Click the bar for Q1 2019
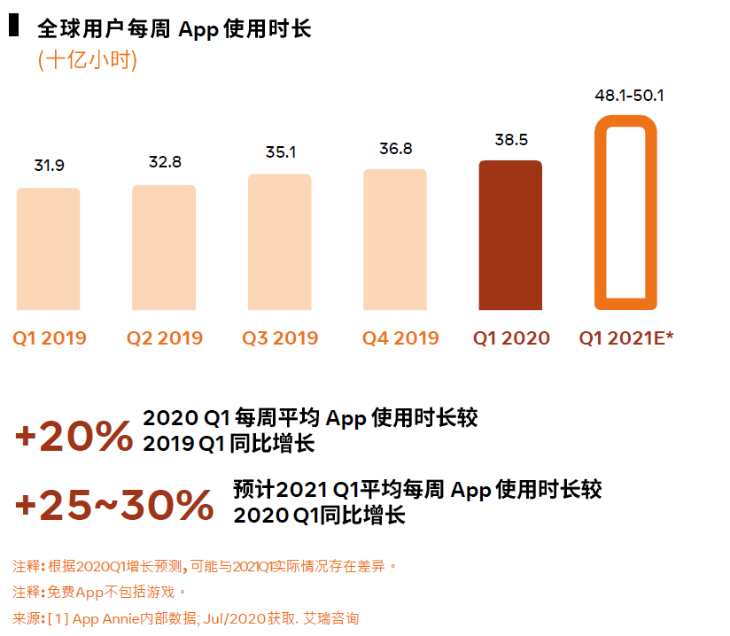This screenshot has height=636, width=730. tap(48, 249)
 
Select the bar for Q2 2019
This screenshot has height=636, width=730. tap(164, 247)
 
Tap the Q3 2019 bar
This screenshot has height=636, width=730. tap(279, 242)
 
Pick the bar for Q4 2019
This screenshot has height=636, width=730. tap(395, 239)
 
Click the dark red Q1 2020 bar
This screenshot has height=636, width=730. tap(510, 235)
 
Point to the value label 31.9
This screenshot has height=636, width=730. tap(49, 166)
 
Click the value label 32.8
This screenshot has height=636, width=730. tap(165, 162)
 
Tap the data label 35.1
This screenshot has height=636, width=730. tap(280, 152)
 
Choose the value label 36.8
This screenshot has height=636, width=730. tap(396, 149)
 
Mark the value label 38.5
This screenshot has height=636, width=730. tap(511, 140)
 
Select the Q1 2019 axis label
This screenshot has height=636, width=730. tap(50, 338)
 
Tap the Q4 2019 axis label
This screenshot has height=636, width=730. tap(400, 338)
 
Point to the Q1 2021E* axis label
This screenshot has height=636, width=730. tap(626, 338)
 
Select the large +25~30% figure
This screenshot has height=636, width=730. tap(114, 505)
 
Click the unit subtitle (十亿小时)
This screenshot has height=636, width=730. tap(88, 61)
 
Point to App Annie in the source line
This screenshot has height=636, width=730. tap(107, 618)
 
